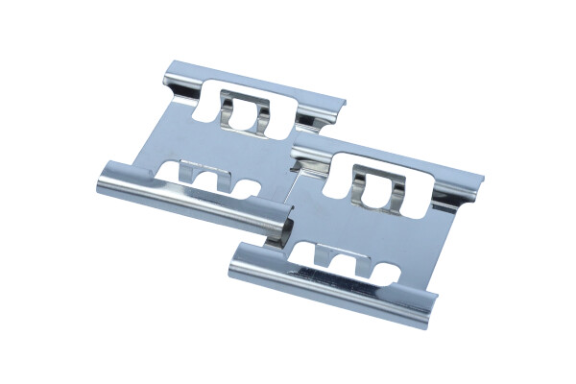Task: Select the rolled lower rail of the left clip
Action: [192, 198]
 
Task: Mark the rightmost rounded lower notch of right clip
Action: [378, 270]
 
